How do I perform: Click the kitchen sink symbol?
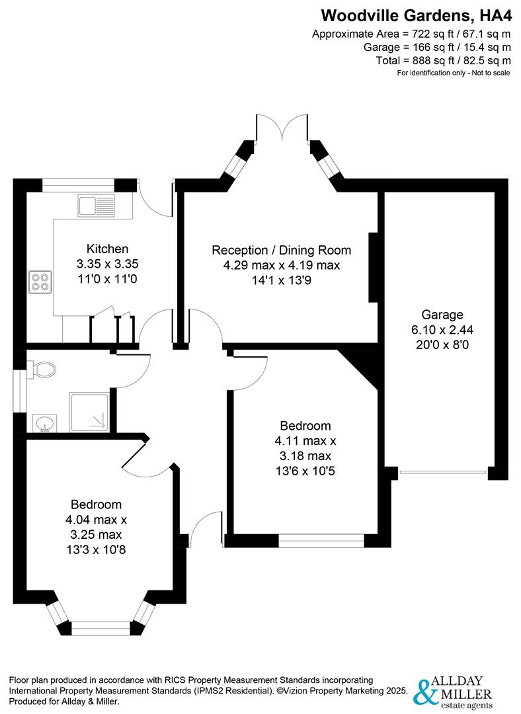coord(97,205)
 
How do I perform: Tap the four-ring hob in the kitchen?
coord(39,282)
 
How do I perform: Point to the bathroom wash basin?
coord(45,422)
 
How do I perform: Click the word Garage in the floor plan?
coord(442,315)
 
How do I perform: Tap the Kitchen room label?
coord(108,249)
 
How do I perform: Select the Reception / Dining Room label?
coord(281,251)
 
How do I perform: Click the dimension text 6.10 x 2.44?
coord(442,329)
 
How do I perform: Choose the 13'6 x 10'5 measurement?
coord(305,471)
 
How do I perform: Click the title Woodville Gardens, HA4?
coord(416,15)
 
